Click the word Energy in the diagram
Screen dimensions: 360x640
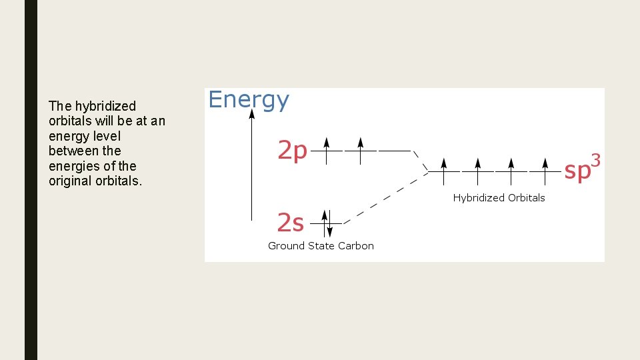[x=249, y=100]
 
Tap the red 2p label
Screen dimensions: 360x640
[x=292, y=151]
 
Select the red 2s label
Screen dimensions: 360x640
[x=290, y=223]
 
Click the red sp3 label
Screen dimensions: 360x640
[x=582, y=169]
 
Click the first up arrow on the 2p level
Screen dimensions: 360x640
[x=326, y=150]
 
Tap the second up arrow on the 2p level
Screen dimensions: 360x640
[x=360, y=150]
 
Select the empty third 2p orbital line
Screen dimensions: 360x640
[x=395, y=151]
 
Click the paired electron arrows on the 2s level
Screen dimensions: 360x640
[x=326, y=223]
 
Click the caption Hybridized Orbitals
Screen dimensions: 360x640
[x=499, y=198]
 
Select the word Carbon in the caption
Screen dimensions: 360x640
[x=355, y=246]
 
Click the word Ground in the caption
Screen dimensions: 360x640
[x=285, y=246]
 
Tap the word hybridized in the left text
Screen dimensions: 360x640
[x=105, y=106]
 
